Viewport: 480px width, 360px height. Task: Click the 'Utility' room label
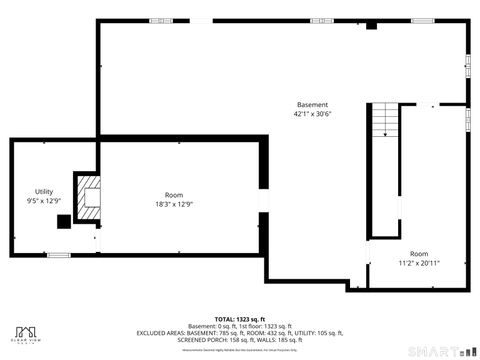[x=44, y=191]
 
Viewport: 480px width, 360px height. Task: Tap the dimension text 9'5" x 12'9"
[x=44, y=201]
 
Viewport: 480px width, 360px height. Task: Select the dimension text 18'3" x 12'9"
[x=174, y=204]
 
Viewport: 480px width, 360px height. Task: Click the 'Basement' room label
[x=312, y=105]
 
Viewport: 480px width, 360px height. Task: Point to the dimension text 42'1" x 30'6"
[x=312, y=115]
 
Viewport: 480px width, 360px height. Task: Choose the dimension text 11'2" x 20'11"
[x=419, y=264]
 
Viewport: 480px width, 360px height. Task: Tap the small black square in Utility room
[x=63, y=222]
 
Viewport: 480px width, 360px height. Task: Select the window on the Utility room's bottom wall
[x=59, y=255]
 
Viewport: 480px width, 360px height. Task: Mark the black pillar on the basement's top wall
[x=371, y=25]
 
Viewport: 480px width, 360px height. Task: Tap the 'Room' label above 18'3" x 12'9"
[x=174, y=194]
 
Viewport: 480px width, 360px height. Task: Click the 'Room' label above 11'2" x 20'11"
[x=419, y=254]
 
